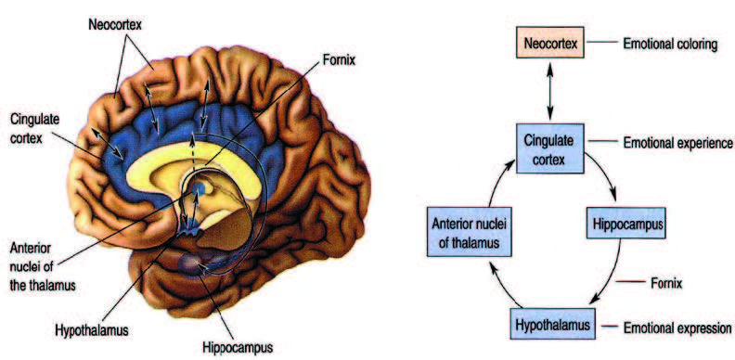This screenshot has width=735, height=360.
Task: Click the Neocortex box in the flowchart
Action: coord(549,45)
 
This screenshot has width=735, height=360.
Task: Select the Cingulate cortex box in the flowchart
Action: coord(549,148)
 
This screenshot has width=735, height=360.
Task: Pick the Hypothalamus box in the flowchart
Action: coord(552,324)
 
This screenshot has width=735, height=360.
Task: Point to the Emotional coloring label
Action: coord(670,45)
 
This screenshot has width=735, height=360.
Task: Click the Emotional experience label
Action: coord(677,143)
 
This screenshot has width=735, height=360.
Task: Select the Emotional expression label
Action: coord(677,328)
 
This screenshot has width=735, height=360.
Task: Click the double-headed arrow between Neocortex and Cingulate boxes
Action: coord(549,91)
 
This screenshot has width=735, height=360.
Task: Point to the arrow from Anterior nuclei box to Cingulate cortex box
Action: coord(496,182)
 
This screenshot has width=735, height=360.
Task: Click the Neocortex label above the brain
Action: coord(115,24)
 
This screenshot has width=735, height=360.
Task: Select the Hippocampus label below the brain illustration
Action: coord(238,348)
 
